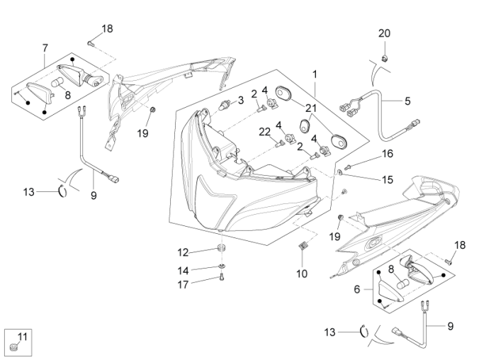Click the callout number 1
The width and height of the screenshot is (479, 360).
315,74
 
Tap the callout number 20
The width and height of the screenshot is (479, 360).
383,33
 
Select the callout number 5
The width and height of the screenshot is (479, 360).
407,101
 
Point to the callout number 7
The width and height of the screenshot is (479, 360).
45,48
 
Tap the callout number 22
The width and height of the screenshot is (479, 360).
264,132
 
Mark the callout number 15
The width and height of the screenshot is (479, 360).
387,180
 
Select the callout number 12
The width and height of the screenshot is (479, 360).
183,252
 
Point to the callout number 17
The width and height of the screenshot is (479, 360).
183,285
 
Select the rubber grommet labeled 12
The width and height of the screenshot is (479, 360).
220,249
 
